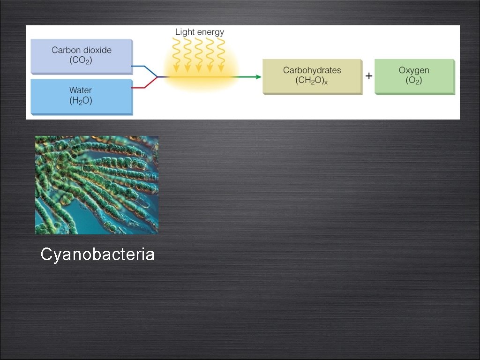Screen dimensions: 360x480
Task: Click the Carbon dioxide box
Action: tap(82, 56)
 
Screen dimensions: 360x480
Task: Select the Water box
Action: tap(82, 96)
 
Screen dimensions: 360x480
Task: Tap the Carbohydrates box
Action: tap(312, 76)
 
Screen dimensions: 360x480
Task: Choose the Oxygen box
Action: tap(414, 76)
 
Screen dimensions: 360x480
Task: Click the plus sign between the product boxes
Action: tap(369, 76)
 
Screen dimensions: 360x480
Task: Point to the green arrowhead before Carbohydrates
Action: tap(258, 77)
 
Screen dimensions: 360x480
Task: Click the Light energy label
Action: tap(200, 32)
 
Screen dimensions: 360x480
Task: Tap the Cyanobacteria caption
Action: tap(97, 255)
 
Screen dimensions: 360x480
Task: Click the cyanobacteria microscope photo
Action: tap(97, 185)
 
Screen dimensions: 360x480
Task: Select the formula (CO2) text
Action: tap(82, 60)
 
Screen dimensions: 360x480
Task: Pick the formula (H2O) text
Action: tap(81, 100)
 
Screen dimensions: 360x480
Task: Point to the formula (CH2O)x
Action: tap(311, 81)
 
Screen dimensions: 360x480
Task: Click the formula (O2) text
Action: tap(414, 81)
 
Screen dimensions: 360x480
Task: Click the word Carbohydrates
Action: tap(312, 70)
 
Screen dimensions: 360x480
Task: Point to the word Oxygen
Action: tap(414, 70)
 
